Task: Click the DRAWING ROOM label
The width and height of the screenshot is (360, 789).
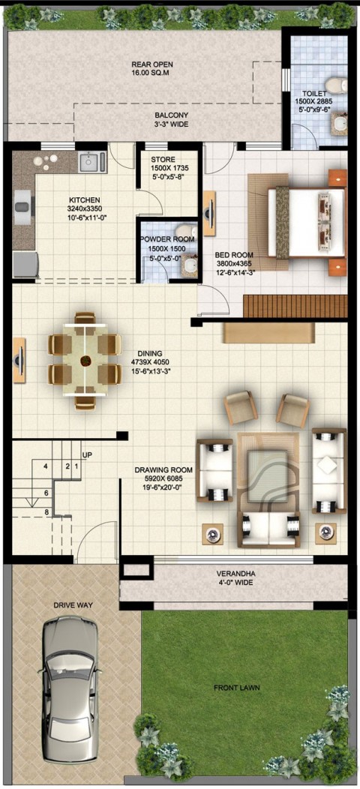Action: (163, 470)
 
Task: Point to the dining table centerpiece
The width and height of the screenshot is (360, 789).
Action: (86, 360)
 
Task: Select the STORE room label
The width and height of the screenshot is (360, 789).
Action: (163, 160)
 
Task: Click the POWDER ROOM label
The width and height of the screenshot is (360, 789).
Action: (167, 239)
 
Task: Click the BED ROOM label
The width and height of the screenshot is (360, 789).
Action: (233, 254)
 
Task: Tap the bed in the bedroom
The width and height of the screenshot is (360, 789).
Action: (306, 222)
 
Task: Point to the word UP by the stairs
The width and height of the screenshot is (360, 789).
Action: (87, 455)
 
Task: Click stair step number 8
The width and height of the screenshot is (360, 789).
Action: (46, 512)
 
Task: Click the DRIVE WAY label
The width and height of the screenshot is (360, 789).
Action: (73, 605)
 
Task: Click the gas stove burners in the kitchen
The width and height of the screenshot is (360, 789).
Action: (45, 162)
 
